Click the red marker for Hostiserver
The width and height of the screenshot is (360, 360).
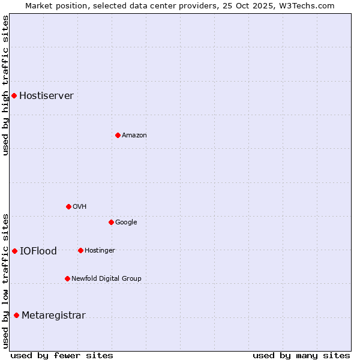coord(14,95)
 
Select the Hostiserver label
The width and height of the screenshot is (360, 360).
coord(46,96)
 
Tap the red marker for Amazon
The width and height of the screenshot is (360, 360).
coord(118,135)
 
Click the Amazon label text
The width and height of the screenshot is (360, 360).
coord(134,136)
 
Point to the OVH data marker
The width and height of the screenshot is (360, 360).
coord(68,206)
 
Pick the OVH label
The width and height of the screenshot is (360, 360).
coord(80,207)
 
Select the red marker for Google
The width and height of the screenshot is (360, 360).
coord(111,222)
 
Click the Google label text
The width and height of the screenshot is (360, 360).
coord(126,223)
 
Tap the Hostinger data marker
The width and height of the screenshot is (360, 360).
coord(80,250)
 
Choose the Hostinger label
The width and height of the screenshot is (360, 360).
coord(100,251)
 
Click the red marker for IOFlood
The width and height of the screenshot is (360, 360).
coord(14,251)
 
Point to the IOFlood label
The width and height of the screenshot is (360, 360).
coord(38,251)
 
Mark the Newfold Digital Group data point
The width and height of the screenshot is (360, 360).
coord(67,278)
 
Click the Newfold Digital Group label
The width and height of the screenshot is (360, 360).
coord(106,279)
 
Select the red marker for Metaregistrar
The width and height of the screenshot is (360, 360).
coord(16,315)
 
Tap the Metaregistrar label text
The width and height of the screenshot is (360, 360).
coord(53,316)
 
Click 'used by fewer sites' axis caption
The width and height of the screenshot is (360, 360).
coord(62,355)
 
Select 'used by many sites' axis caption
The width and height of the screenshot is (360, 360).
coord(301,355)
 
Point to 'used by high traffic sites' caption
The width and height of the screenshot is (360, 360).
coord(5,85)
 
